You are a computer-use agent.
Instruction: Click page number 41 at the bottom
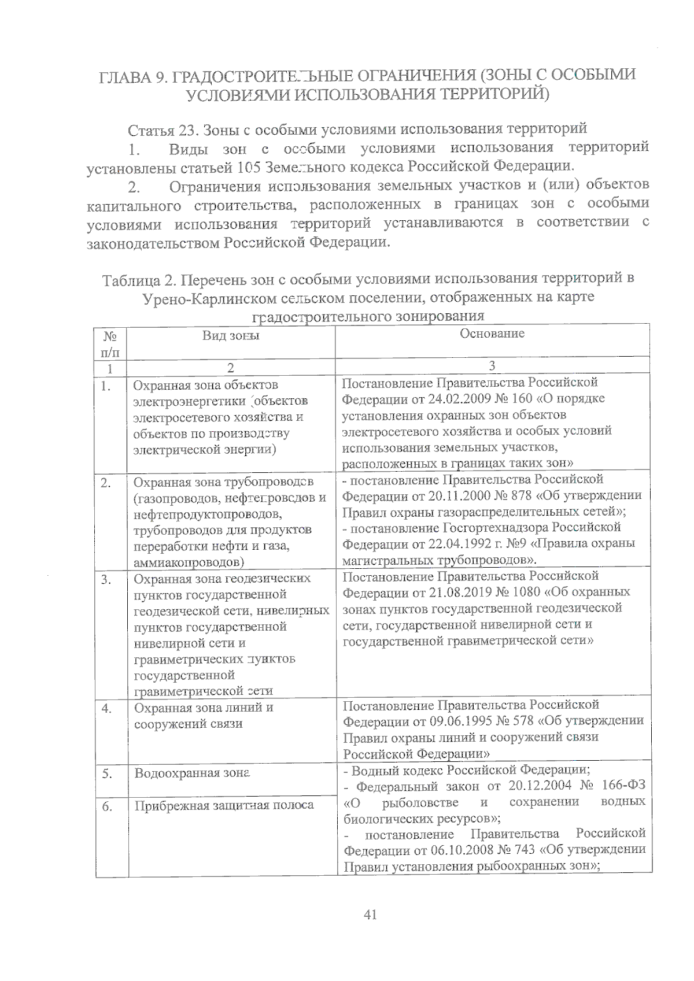[371, 914]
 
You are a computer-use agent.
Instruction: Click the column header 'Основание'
[492, 334]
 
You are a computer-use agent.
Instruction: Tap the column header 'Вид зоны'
[231, 336]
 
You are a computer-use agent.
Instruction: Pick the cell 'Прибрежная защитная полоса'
[224, 805]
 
